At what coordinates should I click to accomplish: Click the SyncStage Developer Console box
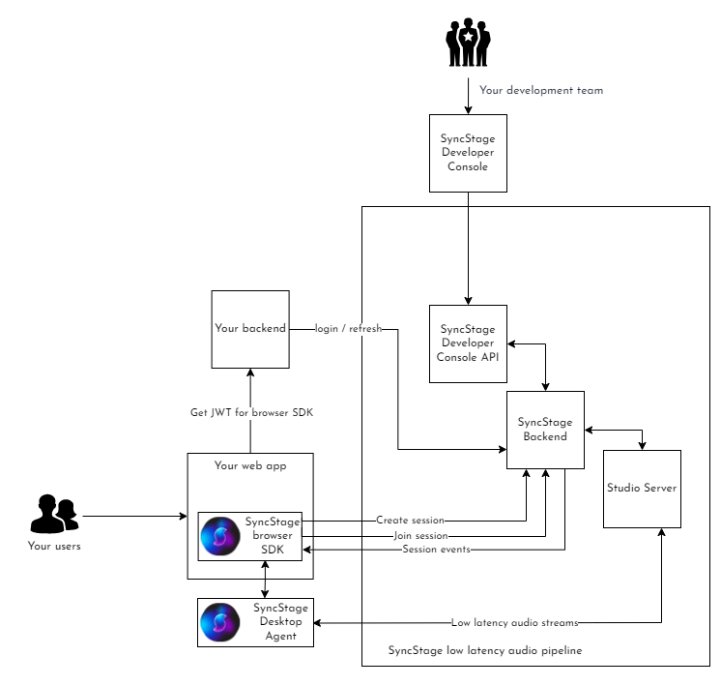click(468, 153)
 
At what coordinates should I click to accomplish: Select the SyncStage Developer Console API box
click(468, 343)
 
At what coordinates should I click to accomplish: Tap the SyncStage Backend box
click(545, 430)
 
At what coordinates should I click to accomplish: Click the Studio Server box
click(642, 488)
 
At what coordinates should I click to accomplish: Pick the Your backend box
click(250, 329)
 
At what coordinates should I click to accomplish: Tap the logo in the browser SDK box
click(219, 536)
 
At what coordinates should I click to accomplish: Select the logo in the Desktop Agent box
click(219, 622)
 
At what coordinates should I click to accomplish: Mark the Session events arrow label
click(436, 551)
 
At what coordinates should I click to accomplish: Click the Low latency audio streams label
click(514, 622)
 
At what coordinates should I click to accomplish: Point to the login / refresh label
click(349, 329)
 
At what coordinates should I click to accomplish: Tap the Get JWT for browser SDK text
click(250, 413)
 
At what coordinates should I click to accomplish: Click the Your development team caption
click(541, 91)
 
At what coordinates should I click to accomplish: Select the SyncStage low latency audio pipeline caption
click(484, 651)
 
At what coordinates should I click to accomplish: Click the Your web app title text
click(250, 465)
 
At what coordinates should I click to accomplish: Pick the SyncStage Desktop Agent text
click(280, 622)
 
